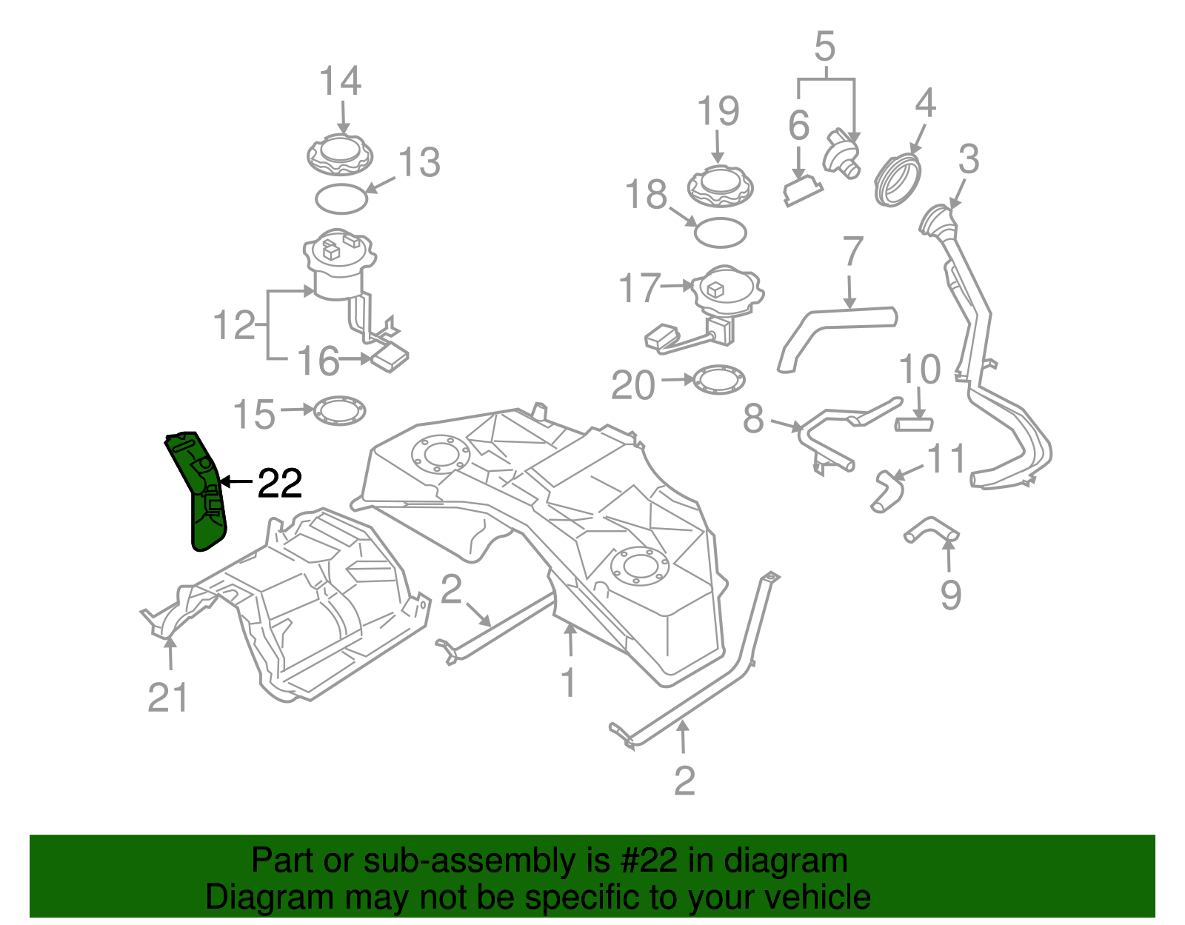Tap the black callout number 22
(x=279, y=484)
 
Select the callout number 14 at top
(x=340, y=81)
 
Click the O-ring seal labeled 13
(x=341, y=198)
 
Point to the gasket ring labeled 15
(x=340, y=411)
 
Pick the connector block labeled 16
(x=389, y=359)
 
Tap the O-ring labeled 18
(x=720, y=233)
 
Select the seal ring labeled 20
(x=719, y=380)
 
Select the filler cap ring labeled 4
(x=898, y=180)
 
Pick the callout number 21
(x=168, y=698)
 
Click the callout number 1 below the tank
(x=568, y=682)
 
